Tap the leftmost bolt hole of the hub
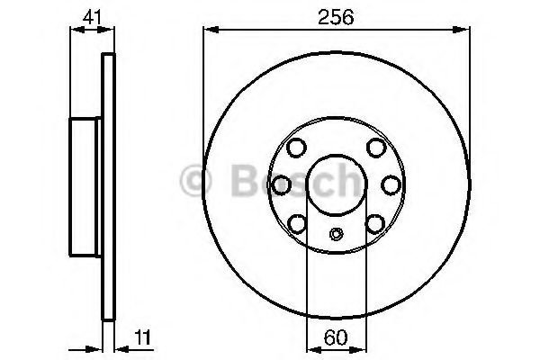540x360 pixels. point(281,184)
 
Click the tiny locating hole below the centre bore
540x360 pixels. point(336,236)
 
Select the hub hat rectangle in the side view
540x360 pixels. point(87,184)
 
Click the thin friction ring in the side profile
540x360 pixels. point(109,184)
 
